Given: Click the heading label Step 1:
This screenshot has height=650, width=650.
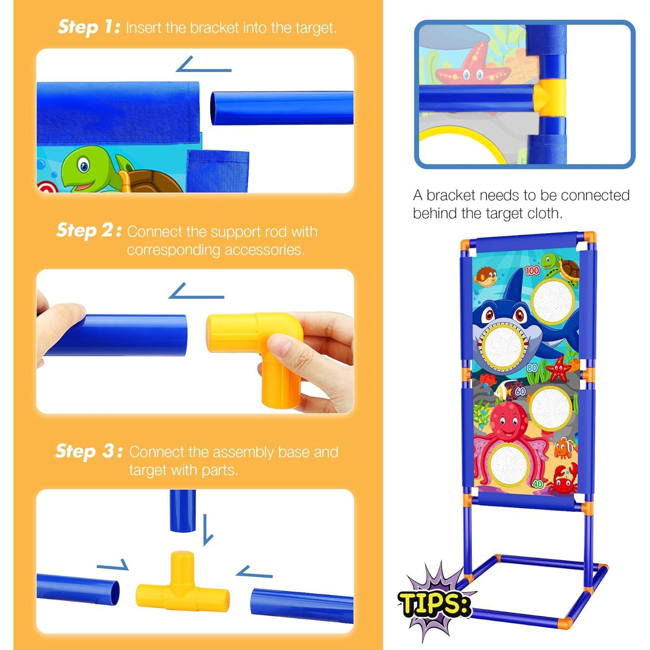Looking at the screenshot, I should [89, 27].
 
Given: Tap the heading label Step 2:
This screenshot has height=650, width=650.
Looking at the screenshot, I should [88, 231].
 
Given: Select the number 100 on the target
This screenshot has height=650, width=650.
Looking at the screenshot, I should [532, 270].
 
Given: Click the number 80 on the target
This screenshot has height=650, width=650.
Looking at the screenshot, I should [533, 368].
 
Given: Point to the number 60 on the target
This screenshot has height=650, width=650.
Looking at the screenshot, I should [520, 391].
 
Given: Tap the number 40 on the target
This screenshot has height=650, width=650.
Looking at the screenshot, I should [538, 484].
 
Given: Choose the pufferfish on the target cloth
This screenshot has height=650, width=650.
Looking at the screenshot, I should [486, 276].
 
